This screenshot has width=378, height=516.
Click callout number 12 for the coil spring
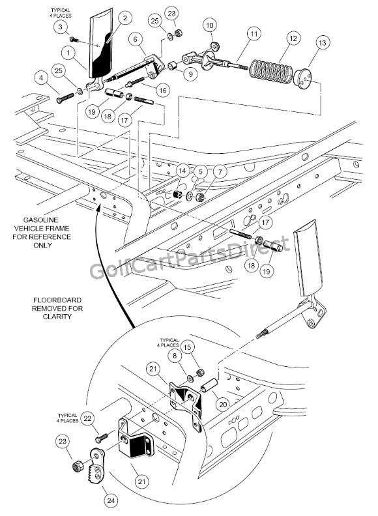pos(293,39)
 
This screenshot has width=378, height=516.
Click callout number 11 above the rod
pos(253,33)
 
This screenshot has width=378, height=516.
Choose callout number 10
pos(211,25)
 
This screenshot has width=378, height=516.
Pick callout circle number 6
pos(135,39)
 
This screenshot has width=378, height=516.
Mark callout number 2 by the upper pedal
pos(124,18)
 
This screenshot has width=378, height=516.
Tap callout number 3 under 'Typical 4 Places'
pos(60,26)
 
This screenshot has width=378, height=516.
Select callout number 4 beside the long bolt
pos(42,79)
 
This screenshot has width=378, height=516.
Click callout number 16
pos(162,90)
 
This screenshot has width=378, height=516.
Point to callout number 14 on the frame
pos(183,171)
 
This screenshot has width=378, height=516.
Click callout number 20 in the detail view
pos(222,404)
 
